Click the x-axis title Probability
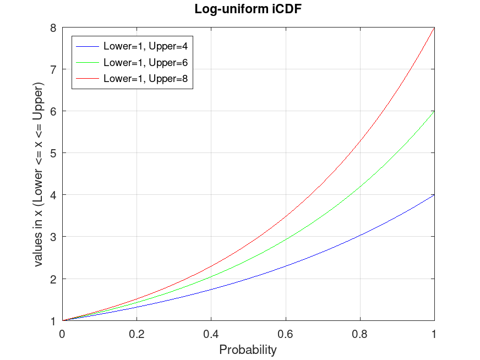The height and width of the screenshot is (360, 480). (248, 350)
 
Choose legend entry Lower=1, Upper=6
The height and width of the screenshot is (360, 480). (146, 62)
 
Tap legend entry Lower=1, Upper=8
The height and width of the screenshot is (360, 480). (146, 79)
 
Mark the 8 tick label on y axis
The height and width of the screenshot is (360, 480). (53, 27)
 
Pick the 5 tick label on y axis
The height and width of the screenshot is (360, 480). (53, 153)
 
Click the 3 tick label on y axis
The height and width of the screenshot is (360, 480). (53, 237)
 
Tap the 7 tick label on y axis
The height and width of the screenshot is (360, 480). (53, 69)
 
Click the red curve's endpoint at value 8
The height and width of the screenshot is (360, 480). (434, 28)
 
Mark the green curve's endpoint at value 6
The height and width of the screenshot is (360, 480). (434, 111)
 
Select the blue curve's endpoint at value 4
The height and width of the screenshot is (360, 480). (434, 195)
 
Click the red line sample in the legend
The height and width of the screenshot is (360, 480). (88, 79)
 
